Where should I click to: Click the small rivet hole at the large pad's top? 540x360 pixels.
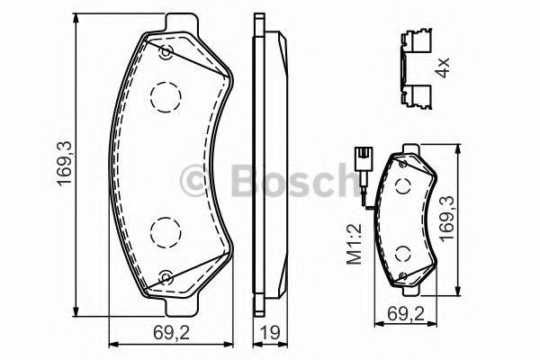point(165,52)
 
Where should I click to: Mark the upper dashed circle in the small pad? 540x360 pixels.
point(402,184)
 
